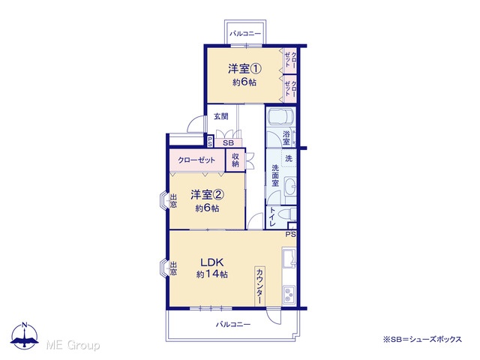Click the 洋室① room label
pos(244,69)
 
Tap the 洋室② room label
pos(208,195)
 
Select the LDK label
pos(211,262)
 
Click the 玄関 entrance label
pos(221,117)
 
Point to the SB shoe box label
pos(228,142)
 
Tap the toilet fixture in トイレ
pos(289,213)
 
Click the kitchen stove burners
pos(289,295)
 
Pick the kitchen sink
pos(289,257)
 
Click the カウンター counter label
pos(259,286)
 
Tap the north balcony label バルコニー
pos(245,33)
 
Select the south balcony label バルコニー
pos(233,324)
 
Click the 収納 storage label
pos(235,160)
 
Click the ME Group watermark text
pos(73,345)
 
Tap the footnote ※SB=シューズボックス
pos(422,339)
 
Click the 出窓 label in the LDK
pos(173,268)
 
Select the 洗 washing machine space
pos(289,158)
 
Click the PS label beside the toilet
pos(291,235)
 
